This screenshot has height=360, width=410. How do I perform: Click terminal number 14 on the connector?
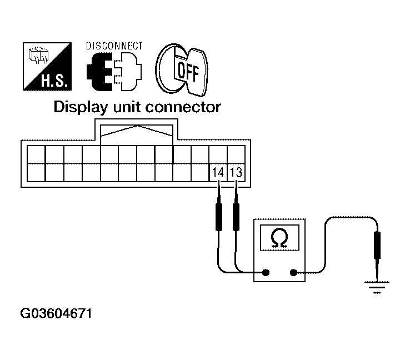click(218, 172)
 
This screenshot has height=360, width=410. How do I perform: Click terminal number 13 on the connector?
click(236, 172)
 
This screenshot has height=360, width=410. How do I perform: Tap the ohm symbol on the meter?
click(279, 238)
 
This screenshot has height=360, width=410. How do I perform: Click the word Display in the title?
click(79, 107)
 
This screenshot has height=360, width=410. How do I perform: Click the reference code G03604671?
click(55, 314)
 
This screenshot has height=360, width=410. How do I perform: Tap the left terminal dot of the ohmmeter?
click(266, 273)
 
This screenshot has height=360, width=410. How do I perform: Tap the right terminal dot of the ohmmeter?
click(294, 273)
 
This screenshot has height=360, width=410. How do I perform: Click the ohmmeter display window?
click(279, 238)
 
